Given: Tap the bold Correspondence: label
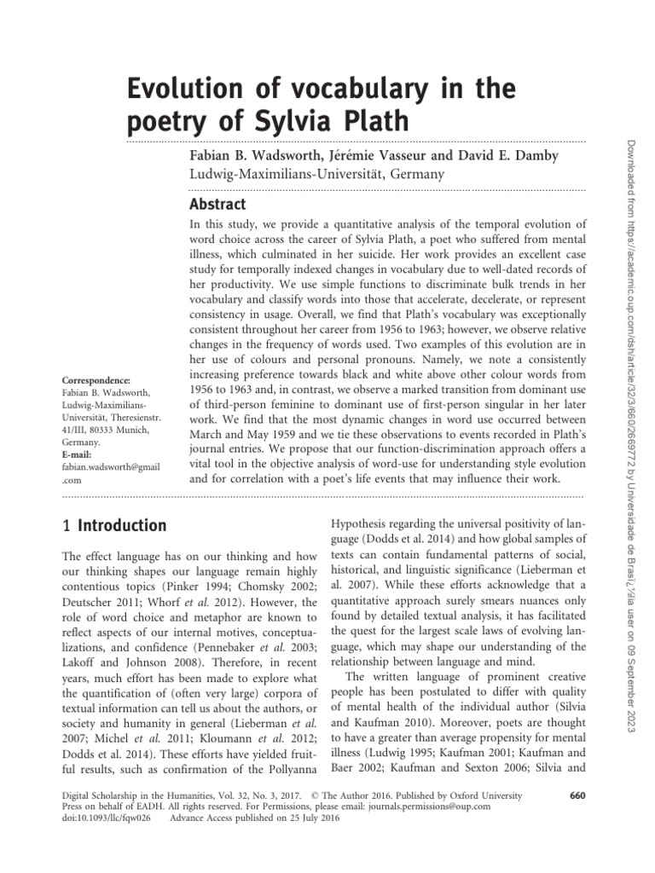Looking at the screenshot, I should [95, 380].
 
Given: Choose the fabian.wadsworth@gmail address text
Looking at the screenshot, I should [112, 468].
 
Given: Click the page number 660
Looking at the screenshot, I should [576, 795].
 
